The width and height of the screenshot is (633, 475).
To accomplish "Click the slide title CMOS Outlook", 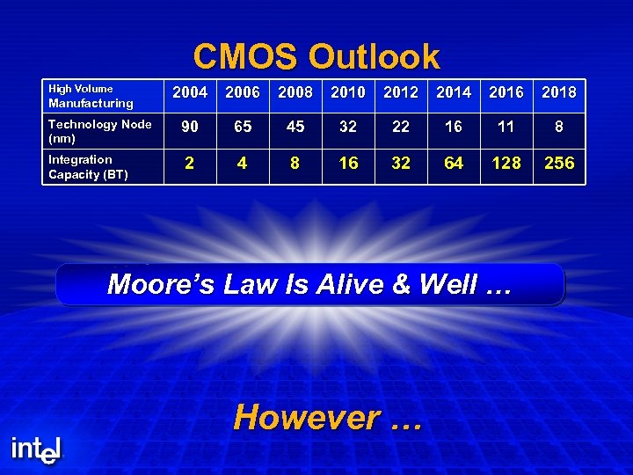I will (x=316, y=57).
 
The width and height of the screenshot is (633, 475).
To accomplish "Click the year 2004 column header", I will (x=190, y=92).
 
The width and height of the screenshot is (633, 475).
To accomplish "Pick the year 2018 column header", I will (x=559, y=92).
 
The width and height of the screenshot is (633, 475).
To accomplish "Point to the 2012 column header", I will (x=401, y=92).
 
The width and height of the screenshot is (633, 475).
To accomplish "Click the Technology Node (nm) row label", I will (x=99, y=131).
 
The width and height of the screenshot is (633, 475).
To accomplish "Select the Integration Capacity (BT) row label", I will (x=88, y=166).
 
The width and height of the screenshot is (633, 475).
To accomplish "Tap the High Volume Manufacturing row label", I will (x=91, y=96).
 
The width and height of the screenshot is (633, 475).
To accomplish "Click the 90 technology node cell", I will (x=190, y=128).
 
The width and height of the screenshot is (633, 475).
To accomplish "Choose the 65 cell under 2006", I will (x=243, y=128).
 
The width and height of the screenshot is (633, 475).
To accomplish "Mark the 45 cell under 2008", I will (x=295, y=128).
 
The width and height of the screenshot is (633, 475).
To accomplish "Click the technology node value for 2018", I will (x=559, y=128).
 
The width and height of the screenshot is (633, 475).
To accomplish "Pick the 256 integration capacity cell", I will (x=559, y=163).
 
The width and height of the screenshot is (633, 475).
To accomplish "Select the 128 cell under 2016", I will (x=506, y=163).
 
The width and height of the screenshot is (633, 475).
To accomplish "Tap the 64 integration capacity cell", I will (x=454, y=163).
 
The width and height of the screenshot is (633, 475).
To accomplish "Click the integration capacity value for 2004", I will (x=190, y=163).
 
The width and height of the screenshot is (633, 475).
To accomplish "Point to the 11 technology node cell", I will (x=506, y=128).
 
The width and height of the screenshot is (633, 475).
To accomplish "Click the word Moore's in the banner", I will (x=159, y=284).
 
